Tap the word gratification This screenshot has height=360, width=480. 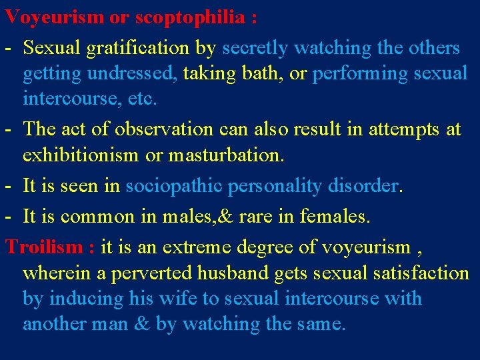pos(146,48)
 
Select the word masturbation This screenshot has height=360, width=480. pos(227,155)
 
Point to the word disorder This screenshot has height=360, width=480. pos(363,186)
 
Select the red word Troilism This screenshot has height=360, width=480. pos(43,247)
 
